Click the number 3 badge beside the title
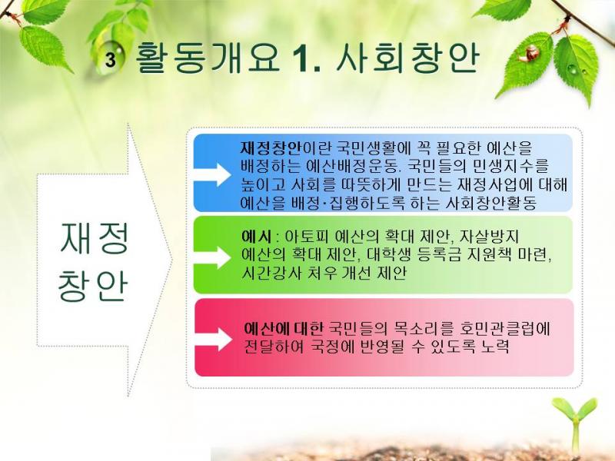[x=111, y=61]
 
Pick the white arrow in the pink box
[x=214, y=339]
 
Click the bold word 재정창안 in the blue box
[x=271, y=148]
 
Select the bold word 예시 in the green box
[x=256, y=237]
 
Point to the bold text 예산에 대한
[x=282, y=329]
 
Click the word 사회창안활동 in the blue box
[x=491, y=203]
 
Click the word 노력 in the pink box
[x=494, y=347]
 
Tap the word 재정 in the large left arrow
[x=94, y=239]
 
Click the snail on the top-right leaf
[x=529, y=54]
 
